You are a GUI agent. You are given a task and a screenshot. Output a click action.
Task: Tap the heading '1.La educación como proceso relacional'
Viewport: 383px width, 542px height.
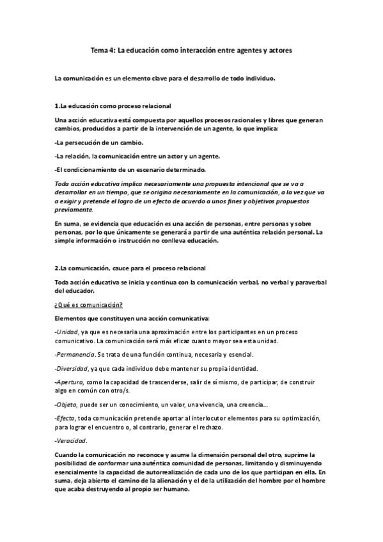113,105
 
